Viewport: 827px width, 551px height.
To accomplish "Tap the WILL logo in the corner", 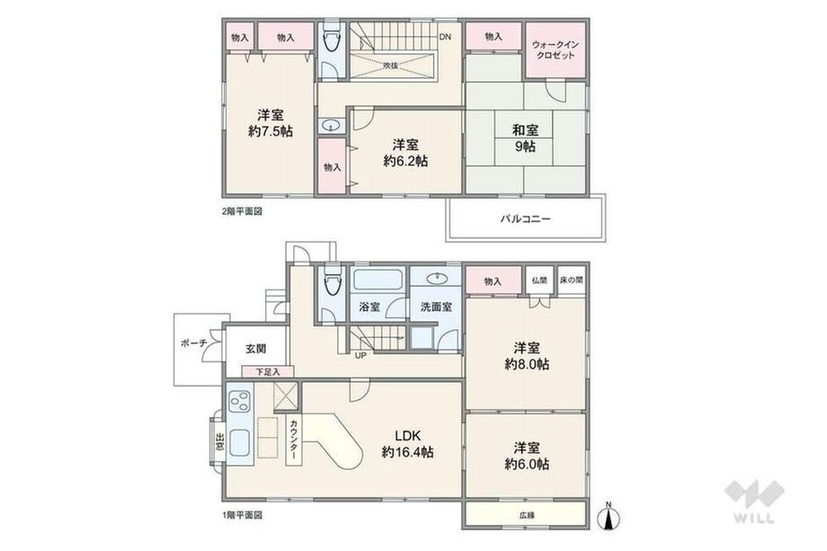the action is point(754,502).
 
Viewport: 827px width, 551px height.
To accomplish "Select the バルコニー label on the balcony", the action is point(525,218).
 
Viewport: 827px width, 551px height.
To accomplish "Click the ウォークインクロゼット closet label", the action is point(556,49).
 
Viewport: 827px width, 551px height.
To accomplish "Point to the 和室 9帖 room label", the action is point(525,138).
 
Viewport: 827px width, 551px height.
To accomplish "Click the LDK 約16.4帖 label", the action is point(408,444).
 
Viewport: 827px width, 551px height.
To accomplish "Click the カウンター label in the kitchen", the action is point(294,440).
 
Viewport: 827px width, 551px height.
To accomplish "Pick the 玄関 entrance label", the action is point(256,349).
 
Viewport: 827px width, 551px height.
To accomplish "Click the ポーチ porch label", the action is point(193,343).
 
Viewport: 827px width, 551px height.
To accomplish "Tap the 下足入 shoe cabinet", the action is point(268,372).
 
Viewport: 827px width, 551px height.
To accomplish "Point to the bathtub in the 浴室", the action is point(378,280).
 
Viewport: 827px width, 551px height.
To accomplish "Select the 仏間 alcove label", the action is point(539,280).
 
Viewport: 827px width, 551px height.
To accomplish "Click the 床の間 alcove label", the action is point(572,280).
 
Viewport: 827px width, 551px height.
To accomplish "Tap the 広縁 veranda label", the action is point(527,515).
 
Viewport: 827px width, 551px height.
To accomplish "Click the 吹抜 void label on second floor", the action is point(391,66).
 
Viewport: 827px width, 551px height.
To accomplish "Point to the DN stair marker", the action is point(446,37).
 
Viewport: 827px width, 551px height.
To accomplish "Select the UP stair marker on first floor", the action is point(360,355).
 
